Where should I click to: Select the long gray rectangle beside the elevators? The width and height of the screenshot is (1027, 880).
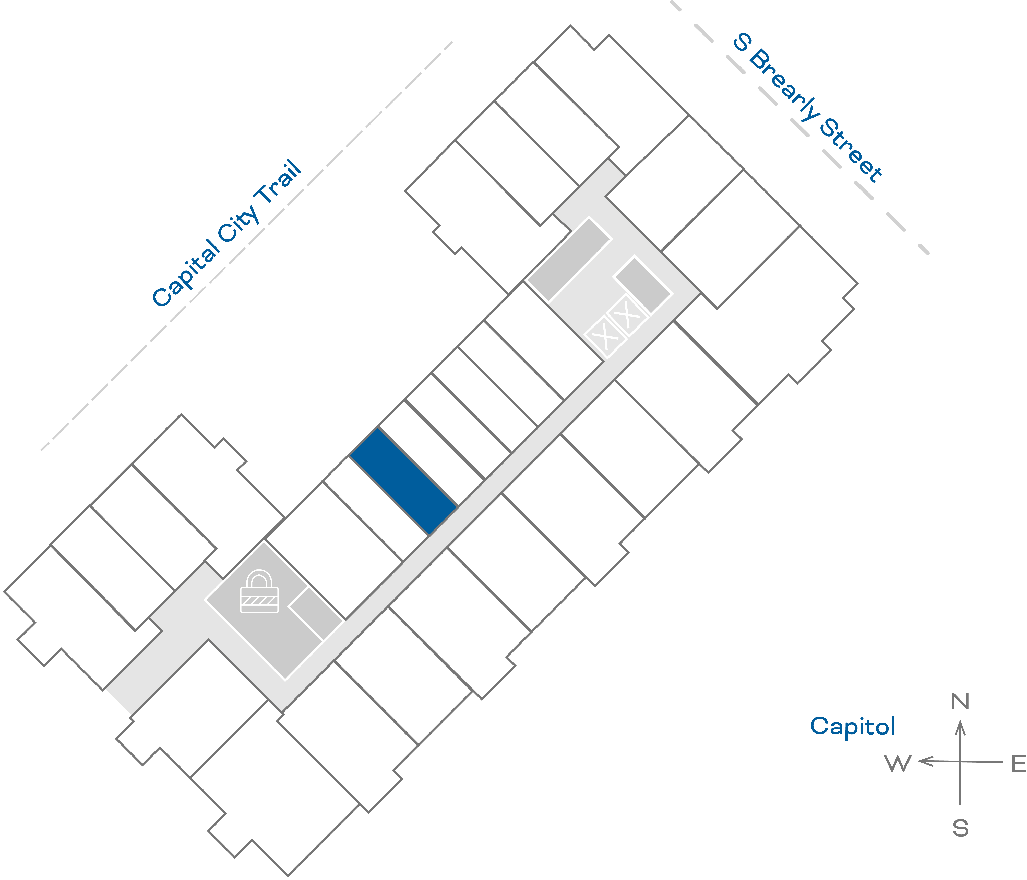569,259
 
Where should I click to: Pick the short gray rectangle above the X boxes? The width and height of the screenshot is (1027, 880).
643,285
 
